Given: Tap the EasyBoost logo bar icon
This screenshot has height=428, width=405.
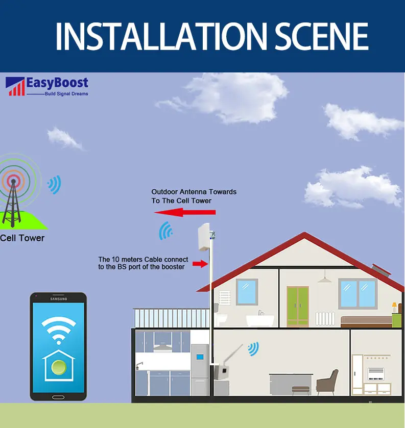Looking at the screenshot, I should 15,87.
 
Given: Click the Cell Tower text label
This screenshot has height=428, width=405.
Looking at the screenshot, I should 22,238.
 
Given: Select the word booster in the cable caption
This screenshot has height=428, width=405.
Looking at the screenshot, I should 172,267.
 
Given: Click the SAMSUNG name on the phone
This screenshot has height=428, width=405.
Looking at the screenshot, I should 58,298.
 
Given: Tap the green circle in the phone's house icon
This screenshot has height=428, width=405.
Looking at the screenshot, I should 58,367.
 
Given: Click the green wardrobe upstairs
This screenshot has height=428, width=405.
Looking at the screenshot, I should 297,306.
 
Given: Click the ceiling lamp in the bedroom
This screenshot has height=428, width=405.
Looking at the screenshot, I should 323,279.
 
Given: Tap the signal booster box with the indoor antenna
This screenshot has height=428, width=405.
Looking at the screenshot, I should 221,370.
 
